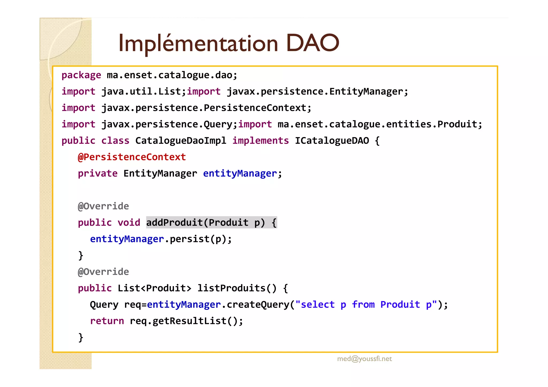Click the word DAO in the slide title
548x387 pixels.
coord(313,43)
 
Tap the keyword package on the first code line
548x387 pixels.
coord(81,75)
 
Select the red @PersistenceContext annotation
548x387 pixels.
coord(132,157)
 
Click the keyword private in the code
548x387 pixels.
coord(98,174)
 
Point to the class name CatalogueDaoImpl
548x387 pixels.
coord(181,141)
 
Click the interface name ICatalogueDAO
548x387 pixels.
coord(332,141)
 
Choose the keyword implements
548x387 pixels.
coord(260,141)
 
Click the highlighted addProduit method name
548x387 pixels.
coord(174,223)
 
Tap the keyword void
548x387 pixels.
coord(129,223)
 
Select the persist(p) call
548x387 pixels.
coord(198,239)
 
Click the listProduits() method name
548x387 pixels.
coord(237,288)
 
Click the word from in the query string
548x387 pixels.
coord(363,305)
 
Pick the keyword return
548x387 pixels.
coord(107,321)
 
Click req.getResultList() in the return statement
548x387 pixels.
coord(186,321)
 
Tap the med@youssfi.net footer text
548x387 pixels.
coord(364,359)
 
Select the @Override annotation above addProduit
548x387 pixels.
coord(103,206)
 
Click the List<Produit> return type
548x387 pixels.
coord(154,288)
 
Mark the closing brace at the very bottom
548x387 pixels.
coord(81,338)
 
